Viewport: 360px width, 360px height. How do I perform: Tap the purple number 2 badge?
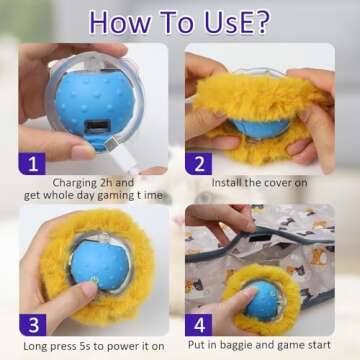tap(200, 162)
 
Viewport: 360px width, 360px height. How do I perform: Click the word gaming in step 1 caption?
tap(116, 196)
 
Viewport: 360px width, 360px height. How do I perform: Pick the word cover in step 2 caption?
tap(294, 182)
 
